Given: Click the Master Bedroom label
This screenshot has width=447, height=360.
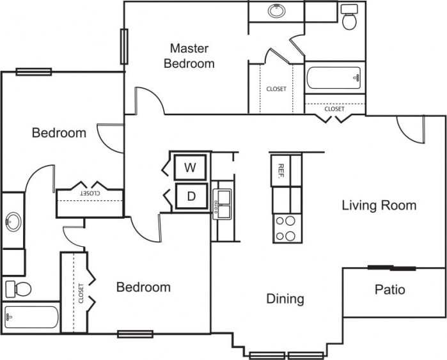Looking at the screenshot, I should [189, 56].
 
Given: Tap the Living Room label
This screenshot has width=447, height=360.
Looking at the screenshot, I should [379, 205].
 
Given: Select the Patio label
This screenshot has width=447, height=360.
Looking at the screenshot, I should [389, 290].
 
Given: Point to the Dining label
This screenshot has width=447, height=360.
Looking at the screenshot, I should [285, 299].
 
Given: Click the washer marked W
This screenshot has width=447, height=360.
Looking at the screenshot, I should [190, 168].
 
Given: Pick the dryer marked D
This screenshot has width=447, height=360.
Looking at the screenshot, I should [191, 196].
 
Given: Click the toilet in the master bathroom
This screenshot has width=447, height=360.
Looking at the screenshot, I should [350, 18].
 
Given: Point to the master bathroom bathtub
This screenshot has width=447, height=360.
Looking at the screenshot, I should [334, 79].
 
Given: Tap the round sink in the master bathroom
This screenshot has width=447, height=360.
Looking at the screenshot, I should [276, 11].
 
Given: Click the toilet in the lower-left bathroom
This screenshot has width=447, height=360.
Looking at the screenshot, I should [17, 288].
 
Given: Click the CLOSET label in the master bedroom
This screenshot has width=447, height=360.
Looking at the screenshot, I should [276, 89].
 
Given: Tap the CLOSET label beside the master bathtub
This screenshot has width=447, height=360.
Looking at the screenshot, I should [334, 109].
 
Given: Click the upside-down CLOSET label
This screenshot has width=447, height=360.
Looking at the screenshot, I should [90, 192].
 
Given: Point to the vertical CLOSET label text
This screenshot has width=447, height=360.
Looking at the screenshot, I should [81, 293].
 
